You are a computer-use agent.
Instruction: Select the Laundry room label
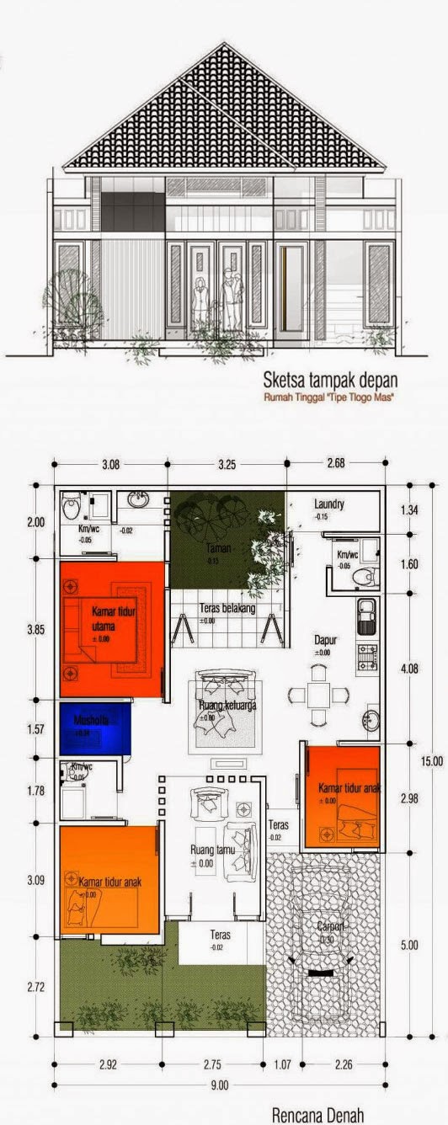pos(328,504)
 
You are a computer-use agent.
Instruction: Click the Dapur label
pos(326,640)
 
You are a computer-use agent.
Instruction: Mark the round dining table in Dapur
pos(318,696)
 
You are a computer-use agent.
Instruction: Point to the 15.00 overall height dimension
pos(432,760)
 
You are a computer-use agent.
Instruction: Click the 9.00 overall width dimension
pos(219,1086)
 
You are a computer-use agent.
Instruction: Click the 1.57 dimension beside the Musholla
pos(35,728)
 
